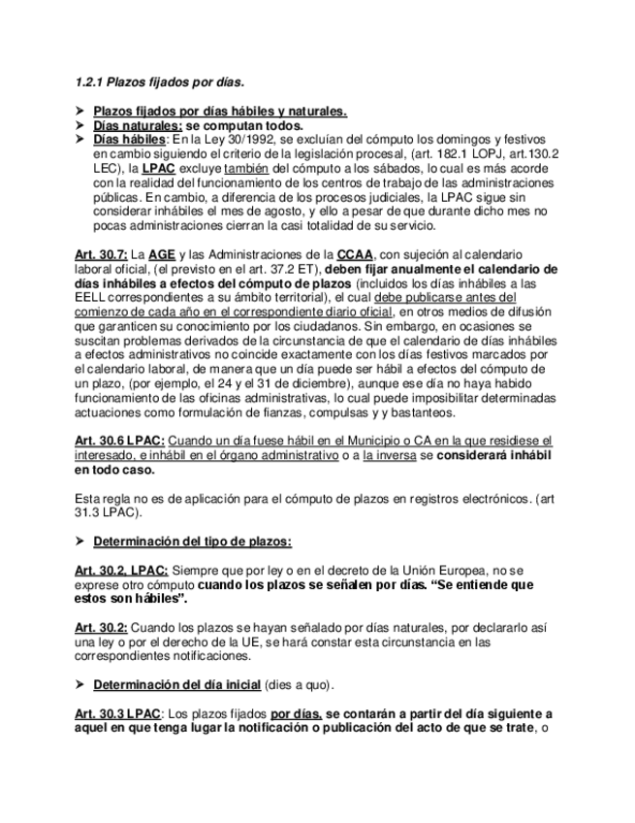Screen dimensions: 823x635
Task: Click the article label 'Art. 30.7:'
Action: pos(101,254)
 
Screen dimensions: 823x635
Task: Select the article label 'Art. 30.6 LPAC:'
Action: pos(120,441)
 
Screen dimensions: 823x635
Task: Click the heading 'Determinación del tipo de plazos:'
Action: pos(193,540)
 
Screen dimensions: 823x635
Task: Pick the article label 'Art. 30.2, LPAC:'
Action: pos(121,570)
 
